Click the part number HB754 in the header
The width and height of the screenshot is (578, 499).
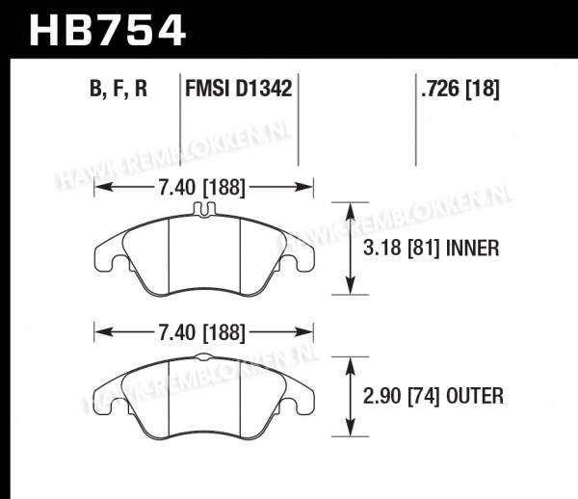pos(107,30)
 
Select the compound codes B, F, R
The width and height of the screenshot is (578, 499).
pos(118,89)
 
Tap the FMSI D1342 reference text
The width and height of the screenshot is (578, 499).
pos(239,89)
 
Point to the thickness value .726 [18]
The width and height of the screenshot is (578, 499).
pos(460,89)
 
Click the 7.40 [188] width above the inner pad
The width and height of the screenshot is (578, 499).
pos(202,187)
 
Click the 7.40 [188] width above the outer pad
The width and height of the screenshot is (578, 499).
pos(202,332)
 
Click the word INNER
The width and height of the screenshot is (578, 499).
pos(473,248)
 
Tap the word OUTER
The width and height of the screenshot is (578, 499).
pos(475,397)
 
